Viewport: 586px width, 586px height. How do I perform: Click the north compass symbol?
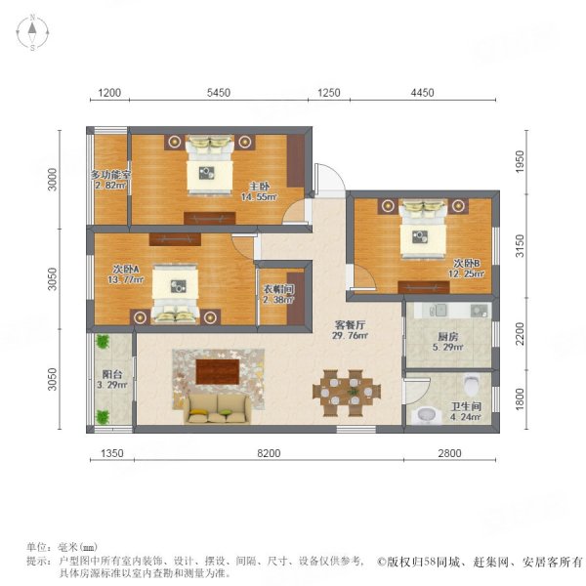click(x=33, y=32)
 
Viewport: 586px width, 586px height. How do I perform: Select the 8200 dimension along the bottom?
click(x=269, y=453)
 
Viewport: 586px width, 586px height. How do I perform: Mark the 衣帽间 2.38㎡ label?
click(x=276, y=294)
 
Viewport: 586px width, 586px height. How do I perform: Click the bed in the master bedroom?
click(x=208, y=163)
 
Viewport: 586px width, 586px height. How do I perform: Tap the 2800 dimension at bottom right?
click(x=456, y=453)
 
